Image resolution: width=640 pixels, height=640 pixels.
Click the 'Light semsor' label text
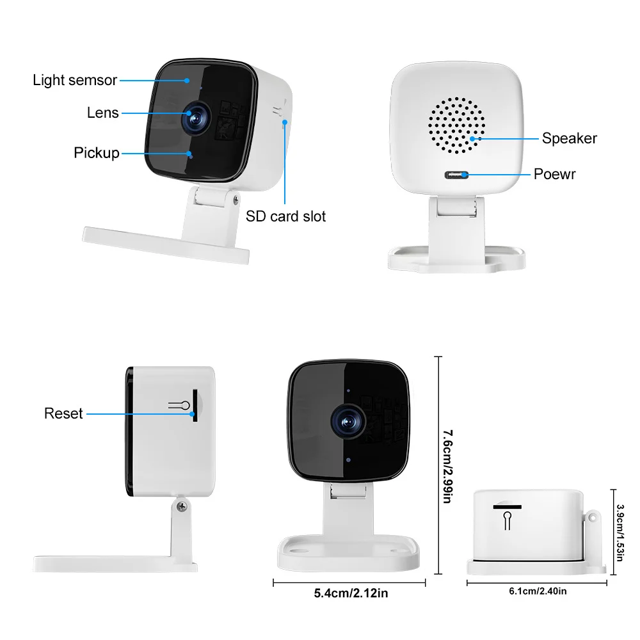[75, 80]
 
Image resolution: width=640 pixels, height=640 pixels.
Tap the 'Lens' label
[103, 113]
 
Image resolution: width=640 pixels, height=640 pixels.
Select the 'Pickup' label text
[97, 153]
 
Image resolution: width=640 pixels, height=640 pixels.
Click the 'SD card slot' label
[285, 216]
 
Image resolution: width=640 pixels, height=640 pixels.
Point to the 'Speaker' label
[570, 138]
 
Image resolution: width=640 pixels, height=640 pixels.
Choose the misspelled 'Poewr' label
[555, 174]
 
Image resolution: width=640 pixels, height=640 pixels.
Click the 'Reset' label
[63, 413]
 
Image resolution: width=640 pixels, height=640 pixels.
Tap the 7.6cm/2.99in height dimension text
[448, 466]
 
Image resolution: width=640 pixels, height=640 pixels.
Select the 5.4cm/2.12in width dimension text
[351, 593]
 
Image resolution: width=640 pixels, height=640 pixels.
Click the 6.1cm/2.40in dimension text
[538, 591]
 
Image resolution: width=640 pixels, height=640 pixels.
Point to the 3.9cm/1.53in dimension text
[620, 532]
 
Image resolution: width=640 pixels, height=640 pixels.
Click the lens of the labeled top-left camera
[195, 118]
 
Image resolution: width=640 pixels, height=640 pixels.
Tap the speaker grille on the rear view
[457, 125]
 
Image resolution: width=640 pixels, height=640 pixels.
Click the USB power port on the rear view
[456, 175]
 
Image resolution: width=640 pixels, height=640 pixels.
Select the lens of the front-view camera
[348, 422]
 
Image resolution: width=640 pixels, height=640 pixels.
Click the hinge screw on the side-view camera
[182, 506]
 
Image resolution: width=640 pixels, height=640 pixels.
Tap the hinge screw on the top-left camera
[236, 200]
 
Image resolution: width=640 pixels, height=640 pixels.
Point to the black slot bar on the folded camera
[507, 507]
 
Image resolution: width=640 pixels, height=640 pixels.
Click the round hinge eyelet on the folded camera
[592, 518]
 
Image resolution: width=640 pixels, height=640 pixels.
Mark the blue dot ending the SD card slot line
[285, 122]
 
